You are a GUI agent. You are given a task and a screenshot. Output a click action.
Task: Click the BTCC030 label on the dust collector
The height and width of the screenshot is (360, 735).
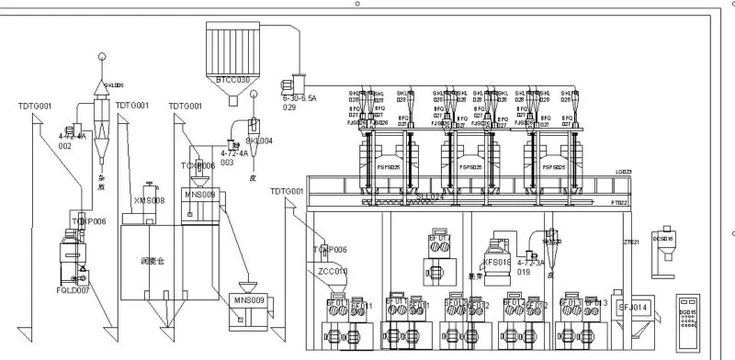(232, 80)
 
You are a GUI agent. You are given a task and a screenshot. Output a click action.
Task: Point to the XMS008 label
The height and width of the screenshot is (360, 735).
(149, 199)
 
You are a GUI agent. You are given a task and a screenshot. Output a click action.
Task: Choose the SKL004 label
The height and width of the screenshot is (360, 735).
(259, 141)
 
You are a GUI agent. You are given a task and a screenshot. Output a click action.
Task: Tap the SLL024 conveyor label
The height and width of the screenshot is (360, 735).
(430, 197)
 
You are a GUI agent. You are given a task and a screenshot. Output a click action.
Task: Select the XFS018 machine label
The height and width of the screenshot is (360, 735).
(496, 263)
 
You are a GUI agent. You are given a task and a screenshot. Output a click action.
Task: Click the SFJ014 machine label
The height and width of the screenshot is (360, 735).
(633, 307)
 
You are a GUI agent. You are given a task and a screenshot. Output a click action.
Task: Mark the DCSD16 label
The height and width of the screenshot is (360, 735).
(662, 238)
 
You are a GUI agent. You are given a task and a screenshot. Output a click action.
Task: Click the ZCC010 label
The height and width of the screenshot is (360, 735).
(332, 271)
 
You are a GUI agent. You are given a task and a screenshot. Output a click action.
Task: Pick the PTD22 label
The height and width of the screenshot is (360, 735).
(618, 201)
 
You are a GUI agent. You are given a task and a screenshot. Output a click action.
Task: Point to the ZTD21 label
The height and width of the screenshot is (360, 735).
(631, 242)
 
